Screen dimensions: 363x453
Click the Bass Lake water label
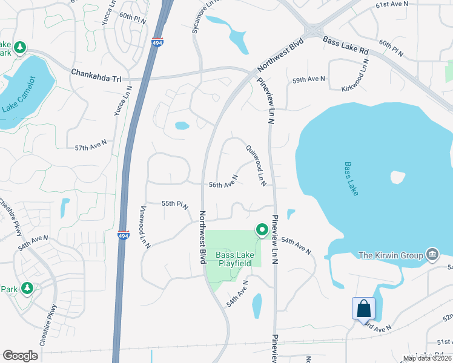(351, 178)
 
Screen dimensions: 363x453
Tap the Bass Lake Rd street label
(346, 45)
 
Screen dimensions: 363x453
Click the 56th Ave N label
(223, 181)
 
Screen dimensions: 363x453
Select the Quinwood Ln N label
(256, 165)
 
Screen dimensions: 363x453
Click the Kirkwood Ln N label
(363, 79)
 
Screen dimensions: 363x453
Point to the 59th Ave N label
(308, 79)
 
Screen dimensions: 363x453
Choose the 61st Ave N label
(392, 4)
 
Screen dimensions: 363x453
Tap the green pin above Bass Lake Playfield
(262, 230)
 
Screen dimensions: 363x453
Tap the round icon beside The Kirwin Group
(432, 253)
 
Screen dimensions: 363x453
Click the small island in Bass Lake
(397, 177)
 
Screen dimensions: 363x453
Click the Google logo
(21, 355)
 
